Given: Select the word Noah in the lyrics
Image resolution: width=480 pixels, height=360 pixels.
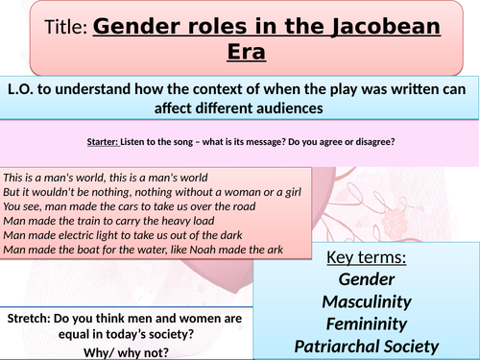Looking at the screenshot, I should tap(224, 251).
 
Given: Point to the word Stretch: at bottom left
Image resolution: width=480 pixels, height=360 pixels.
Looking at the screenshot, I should tap(32, 319).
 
